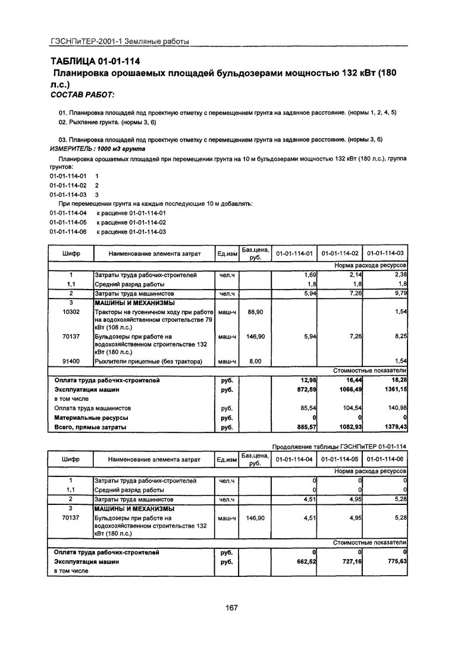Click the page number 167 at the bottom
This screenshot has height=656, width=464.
[231, 607]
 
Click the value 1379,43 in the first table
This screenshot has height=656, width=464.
[393, 427]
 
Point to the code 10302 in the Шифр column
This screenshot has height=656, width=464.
[71, 312]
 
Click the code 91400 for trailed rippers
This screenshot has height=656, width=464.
[71, 361]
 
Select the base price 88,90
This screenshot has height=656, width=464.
[255, 312]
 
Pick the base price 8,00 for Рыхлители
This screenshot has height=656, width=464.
[255, 361]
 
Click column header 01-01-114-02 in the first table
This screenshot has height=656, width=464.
[339, 254]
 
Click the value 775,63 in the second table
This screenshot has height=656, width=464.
[393, 561]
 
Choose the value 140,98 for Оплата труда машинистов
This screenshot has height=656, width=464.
[394, 409]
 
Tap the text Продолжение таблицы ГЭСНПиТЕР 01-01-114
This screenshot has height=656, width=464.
[339, 447]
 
